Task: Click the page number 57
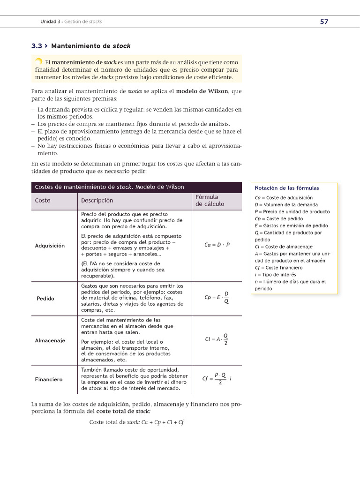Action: (324, 22)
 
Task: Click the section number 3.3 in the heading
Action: (37, 46)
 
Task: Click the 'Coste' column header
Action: (43, 201)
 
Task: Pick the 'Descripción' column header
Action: (97, 201)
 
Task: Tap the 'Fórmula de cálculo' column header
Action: (210, 201)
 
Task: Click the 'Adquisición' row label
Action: (50, 246)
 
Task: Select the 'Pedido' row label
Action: (45, 299)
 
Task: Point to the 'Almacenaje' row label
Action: (50, 340)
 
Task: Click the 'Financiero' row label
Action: (49, 379)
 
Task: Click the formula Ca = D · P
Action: (217, 245)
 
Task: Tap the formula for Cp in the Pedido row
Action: (217, 297)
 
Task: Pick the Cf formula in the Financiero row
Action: (217, 379)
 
